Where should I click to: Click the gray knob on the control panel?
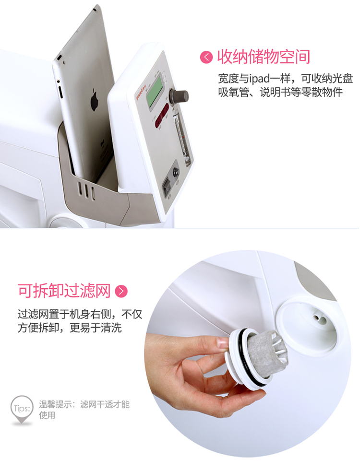point(182,95)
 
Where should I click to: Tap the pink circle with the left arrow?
point(206,58)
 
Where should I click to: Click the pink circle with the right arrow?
point(121,291)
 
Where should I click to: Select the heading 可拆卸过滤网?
point(64,291)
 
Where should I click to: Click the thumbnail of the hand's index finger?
point(222,342)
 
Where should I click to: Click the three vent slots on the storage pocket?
point(87,190)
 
